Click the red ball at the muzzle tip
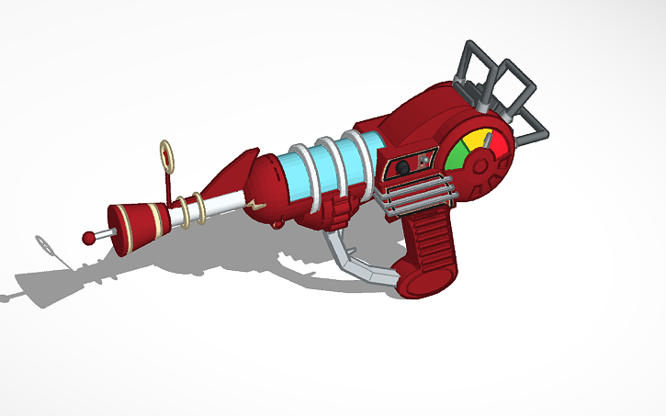[89, 238]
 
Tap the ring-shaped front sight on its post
[167, 155]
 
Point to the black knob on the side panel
[402, 167]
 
